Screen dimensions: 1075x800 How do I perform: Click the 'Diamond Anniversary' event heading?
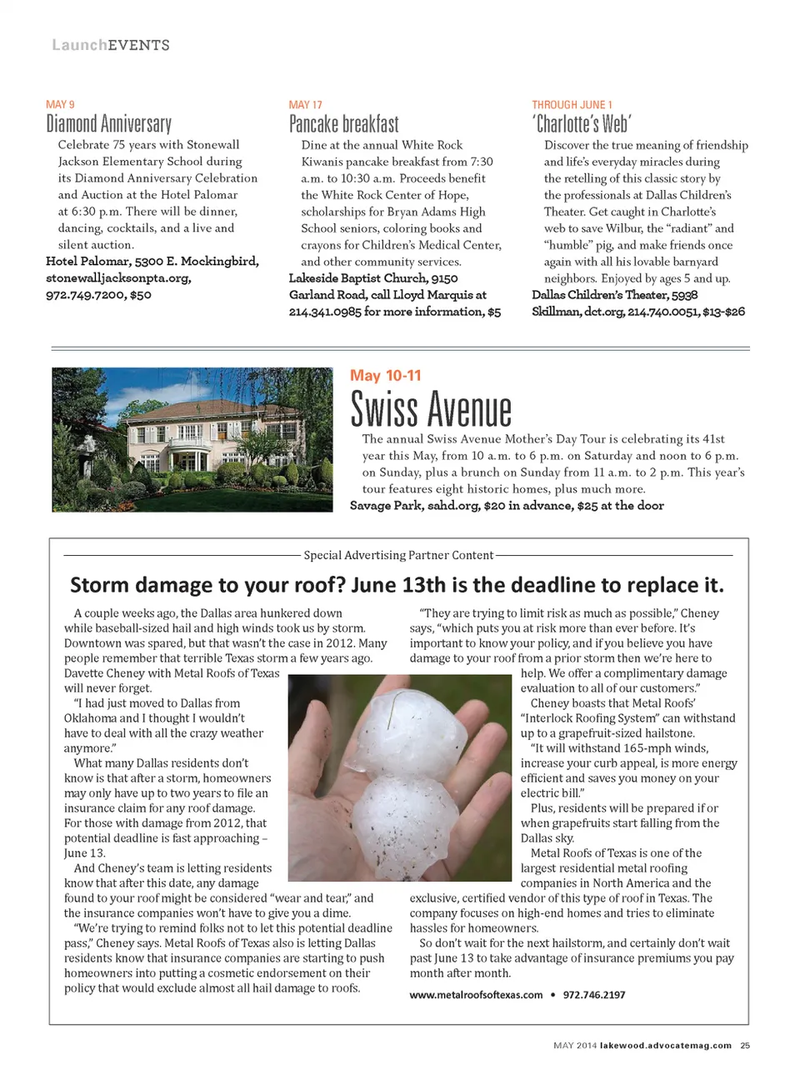click(108, 125)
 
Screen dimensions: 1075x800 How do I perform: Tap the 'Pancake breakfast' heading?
click(343, 125)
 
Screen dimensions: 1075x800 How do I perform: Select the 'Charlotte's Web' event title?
click(582, 125)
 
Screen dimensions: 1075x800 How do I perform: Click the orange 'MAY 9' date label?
click(60, 104)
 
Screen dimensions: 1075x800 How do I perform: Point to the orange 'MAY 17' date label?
click(305, 105)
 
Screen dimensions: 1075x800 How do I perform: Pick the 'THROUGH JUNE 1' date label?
click(572, 105)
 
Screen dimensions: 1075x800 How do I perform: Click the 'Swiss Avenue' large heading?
click(431, 410)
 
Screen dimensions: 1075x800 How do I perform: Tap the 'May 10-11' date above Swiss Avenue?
click(386, 376)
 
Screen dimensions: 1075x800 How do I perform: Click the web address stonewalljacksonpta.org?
click(118, 278)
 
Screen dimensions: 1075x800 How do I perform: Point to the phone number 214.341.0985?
click(325, 312)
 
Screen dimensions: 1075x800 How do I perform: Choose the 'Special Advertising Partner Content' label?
click(398, 555)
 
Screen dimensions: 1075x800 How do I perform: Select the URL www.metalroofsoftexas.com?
click(476, 995)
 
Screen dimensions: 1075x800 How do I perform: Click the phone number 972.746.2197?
click(594, 995)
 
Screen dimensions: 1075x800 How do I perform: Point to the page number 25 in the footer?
click(745, 1045)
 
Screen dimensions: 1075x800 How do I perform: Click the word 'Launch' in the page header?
click(79, 45)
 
